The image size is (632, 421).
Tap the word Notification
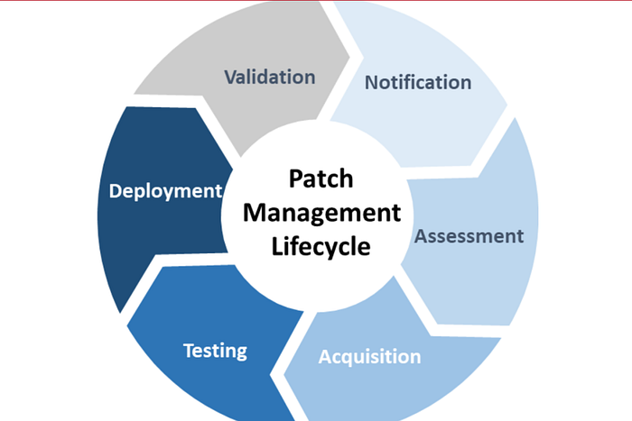click(x=417, y=83)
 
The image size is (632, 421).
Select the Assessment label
click(x=469, y=236)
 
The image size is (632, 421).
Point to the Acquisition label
click(x=369, y=356)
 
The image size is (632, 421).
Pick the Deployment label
click(x=165, y=191)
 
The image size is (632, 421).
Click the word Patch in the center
click(x=321, y=179)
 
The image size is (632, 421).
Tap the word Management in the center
click(x=321, y=213)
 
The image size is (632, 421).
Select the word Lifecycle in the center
click(x=321, y=245)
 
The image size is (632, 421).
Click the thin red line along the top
click(x=316, y=1)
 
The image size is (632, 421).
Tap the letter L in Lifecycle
click(x=278, y=245)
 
